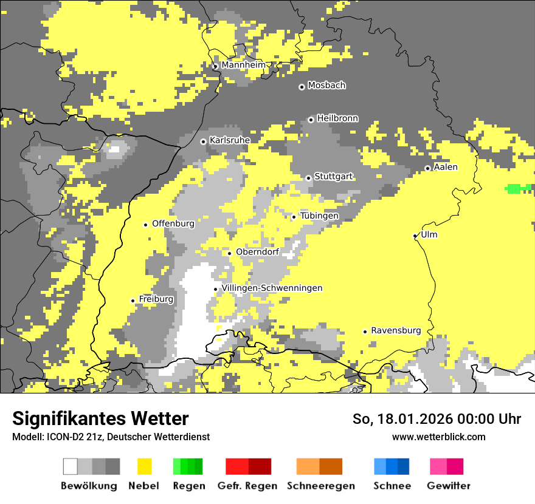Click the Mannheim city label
[243, 65]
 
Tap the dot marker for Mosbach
[302, 87]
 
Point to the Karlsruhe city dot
[203, 141]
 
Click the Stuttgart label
[334, 177]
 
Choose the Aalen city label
[446, 167]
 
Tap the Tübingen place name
[319, 216]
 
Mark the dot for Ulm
[415, 236]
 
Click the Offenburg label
[173, 223]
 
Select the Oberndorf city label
[257, 252]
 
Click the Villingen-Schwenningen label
[272, 288]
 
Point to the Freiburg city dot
[133, 301]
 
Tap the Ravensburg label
[396, 331]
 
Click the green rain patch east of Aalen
[518, 188]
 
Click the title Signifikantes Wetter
[100, 418]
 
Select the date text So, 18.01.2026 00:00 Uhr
[437, 419]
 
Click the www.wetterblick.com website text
[438, 437]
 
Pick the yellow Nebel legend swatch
[145, 466]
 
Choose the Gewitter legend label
[449, 486]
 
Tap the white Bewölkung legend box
[71, 466]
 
